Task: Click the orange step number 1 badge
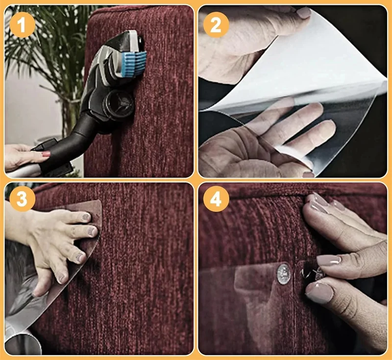22,25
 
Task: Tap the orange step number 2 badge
216,25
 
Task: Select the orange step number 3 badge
22,199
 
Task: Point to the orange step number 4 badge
216,199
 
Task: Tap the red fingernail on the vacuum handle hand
46,154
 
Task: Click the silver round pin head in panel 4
284,274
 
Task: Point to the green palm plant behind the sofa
45,50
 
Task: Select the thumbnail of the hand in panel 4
319,291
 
